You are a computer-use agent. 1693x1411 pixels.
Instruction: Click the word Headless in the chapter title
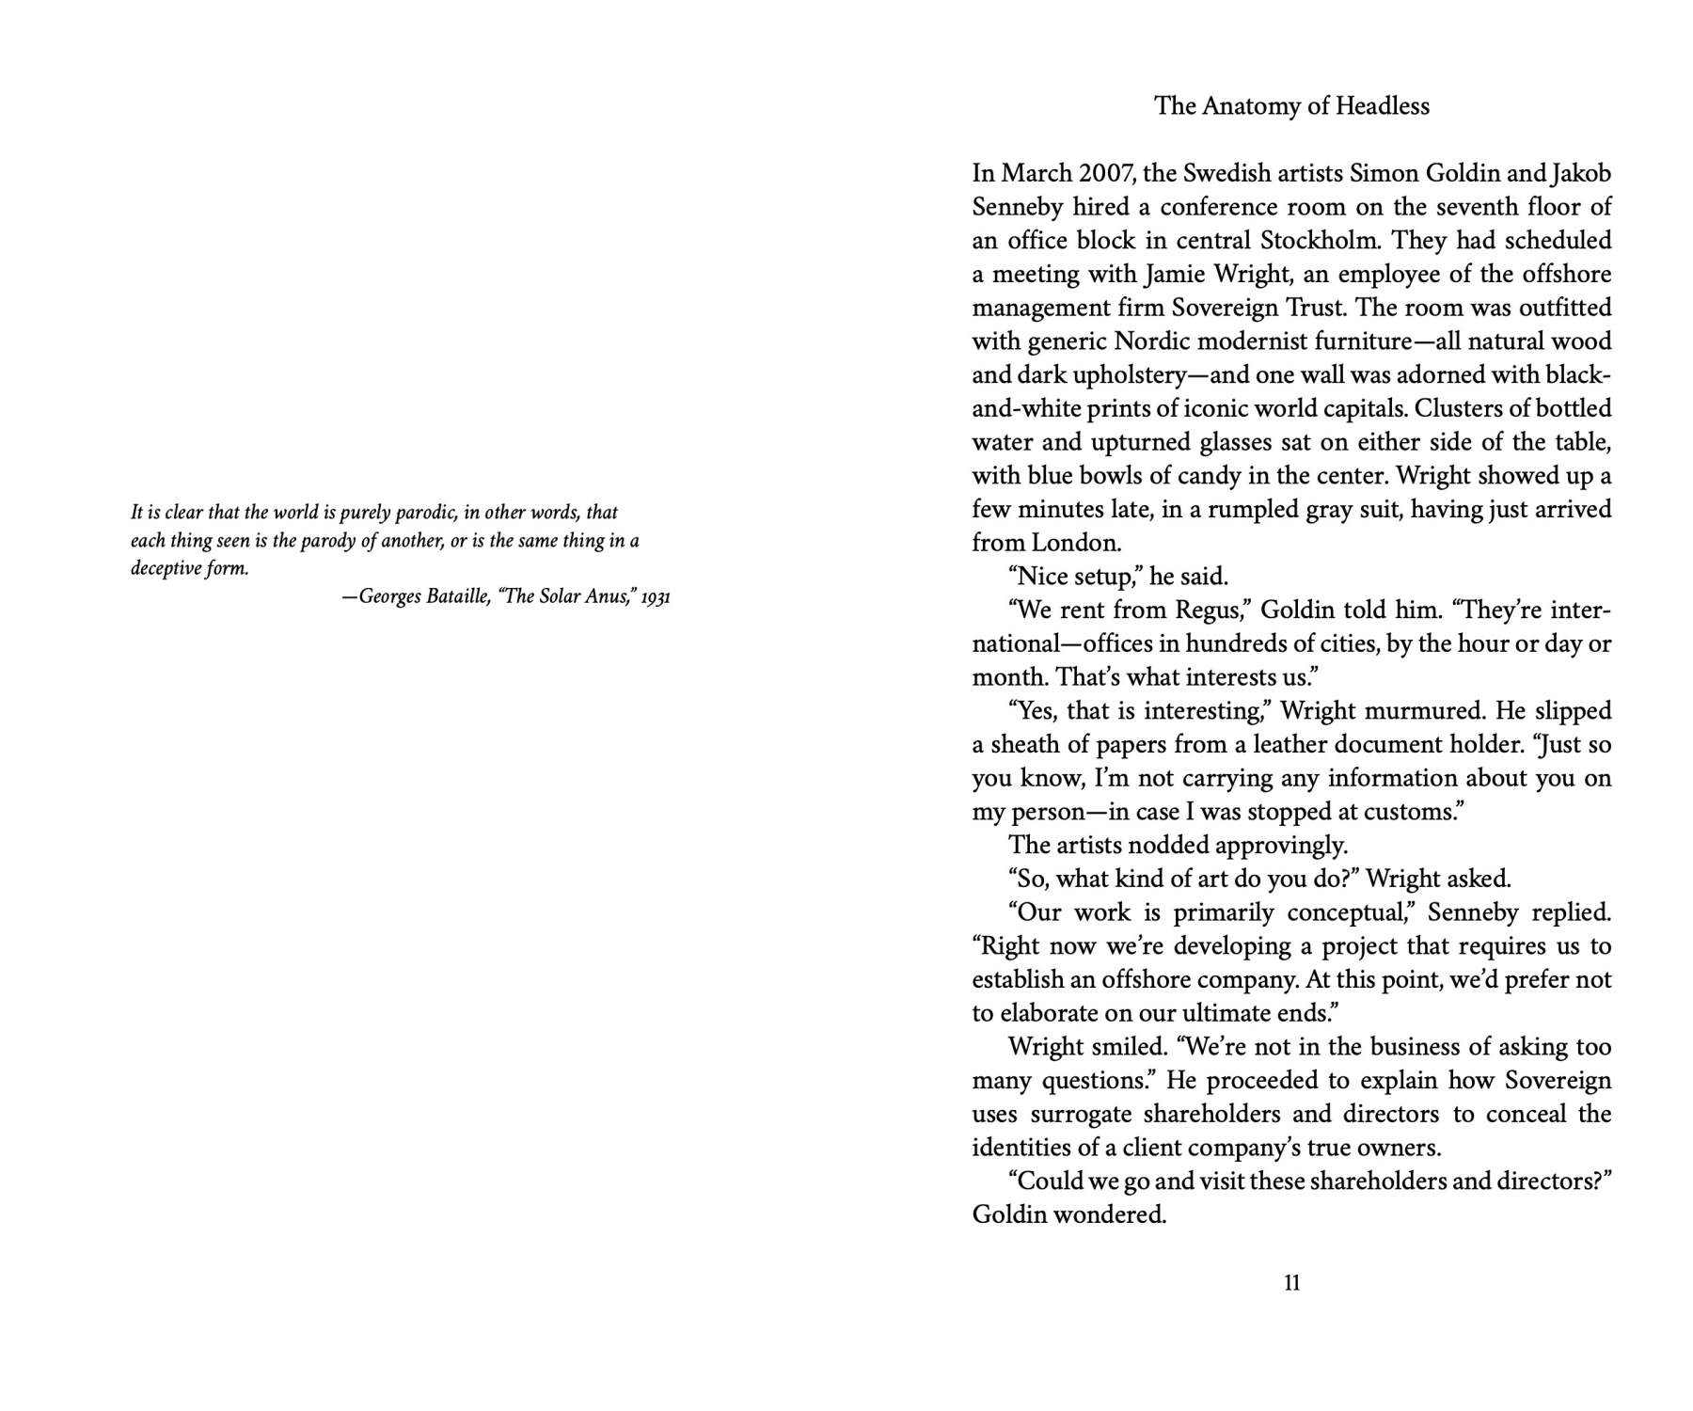tap(1382, 106)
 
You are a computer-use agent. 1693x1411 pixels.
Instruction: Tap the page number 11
tap(1291, 1283)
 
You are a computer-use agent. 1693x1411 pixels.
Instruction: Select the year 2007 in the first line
tap(1104, 174)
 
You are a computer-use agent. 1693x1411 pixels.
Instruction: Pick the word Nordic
tap(1151, 341)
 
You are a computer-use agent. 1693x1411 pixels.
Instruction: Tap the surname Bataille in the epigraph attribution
tap(458, 597)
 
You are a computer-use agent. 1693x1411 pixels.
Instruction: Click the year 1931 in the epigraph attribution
tap(656, 597)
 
